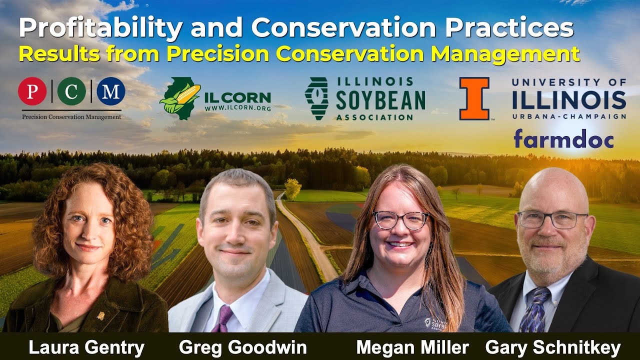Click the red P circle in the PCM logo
[x=32, y=91]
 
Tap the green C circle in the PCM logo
[x=71, y=91]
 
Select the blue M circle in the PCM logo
[x=110, y=91]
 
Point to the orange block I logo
[x=474, y=98]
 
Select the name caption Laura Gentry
[x=86, y=347]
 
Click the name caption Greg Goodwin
[x=243, y=347]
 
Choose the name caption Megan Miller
[x=412, y=347]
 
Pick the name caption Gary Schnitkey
[x=553, y=347]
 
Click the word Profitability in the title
[x=100, y=29]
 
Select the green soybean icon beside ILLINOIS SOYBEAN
[x=316, y=98]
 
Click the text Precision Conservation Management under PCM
[x=71, y=116]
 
